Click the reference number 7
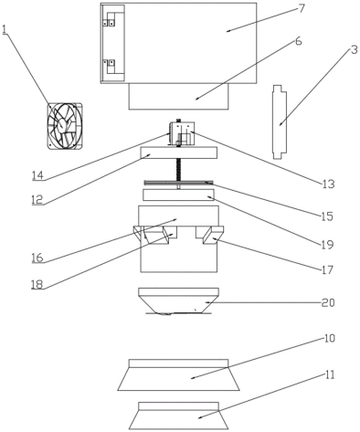pyautogui.click(x=301, y=8)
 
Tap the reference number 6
pyautogui.click(x=299, y=41)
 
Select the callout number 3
pyautogui.click(x=354, y=50)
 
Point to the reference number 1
pyautogui.click(x=4, y=30)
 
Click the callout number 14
pyautogui.click(x=38, y=175)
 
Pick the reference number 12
pyautogui.click(x=37, y=200)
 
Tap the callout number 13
pyautogui.click(x=328, y=184)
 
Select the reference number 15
pyautogui.click(x=327, y=216)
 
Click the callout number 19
pyautogui.click(x=327, y=245)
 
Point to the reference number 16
pyautogui.click(x=37, y=258)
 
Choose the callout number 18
pyautogui.click(x=37, y=284)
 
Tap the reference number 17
pyautogui.click(x=327, y=269)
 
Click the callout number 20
pyautogui.click(x=328, y=302)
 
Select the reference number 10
pyautogui.click(x=328, y=338)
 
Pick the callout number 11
pyautogui.click(x=328, y=374)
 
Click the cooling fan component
pyautogui.click(x=65, y=126)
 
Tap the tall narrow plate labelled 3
pyautogui.click(x=280, y=121)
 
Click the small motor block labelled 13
pyautogui.click(x=182, y=132)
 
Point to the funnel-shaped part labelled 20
pyautogui.click(x=178, y=301)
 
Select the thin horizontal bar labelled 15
pyautogui.click(x=178, y=183)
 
